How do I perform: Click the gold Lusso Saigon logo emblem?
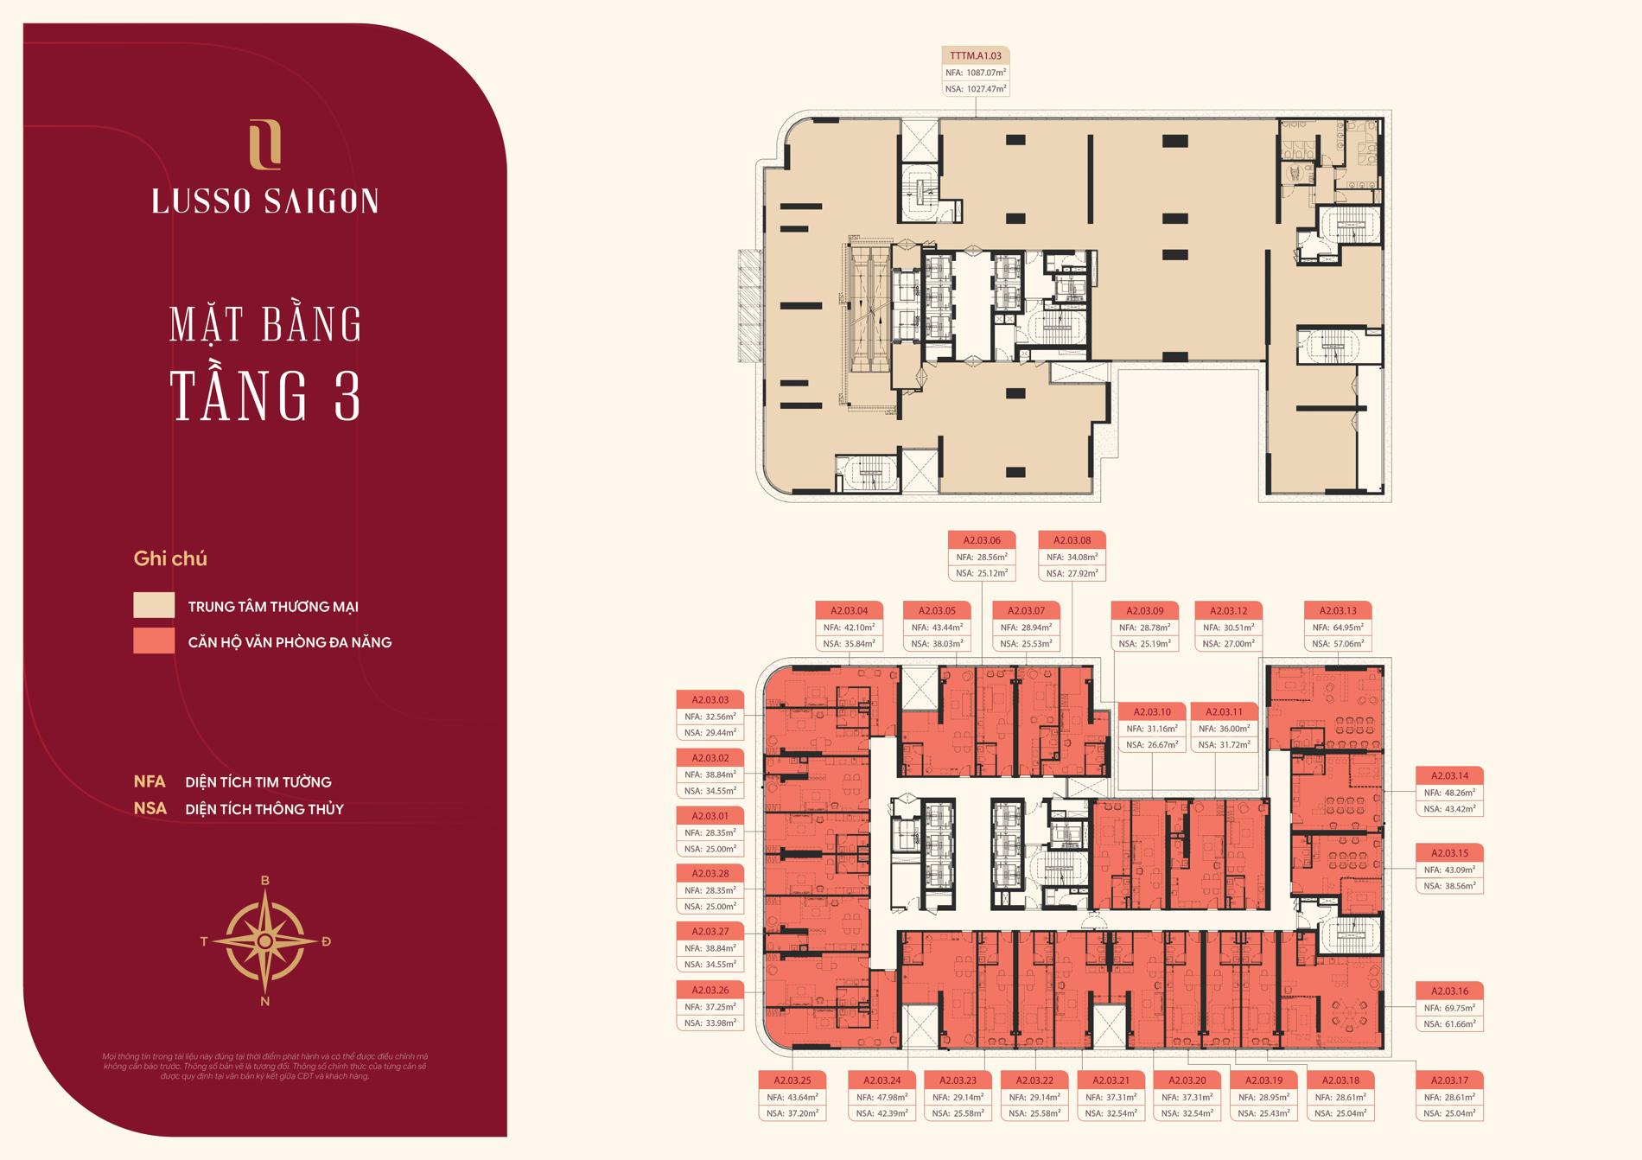click(264, 144)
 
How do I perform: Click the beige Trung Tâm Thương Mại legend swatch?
click(154, 605)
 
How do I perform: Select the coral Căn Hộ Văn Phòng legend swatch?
click(154, 641)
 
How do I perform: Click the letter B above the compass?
click(265, 881)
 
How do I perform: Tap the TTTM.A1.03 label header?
click(975, 56)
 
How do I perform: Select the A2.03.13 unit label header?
click(1338, 610)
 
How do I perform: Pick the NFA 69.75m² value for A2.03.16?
click(1448, 1008)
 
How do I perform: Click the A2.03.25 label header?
click(792, 1080)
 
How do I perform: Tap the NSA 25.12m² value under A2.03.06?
click(982, 573)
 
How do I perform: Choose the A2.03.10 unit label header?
click(1153, 711)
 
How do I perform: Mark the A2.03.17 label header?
click(1449, 1080)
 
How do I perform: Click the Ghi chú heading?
click(170, 558)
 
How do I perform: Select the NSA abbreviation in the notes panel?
click(150, 809)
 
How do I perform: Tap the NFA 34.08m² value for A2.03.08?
click(1072, 557)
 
